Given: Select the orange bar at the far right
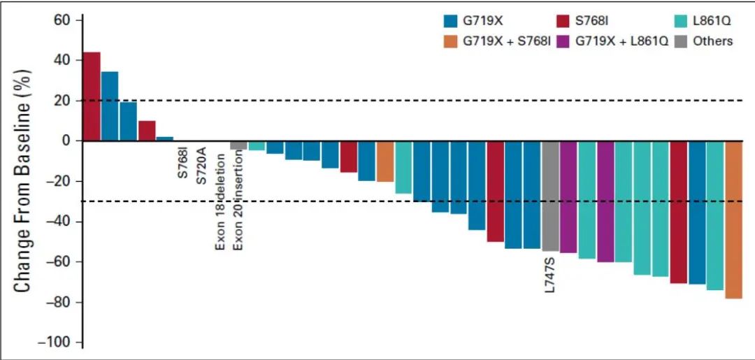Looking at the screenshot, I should click(733, 219).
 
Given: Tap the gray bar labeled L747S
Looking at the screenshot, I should click(550, 196).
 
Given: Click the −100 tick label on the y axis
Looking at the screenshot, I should click(59, 343).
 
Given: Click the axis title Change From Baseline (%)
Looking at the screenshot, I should click(22, 180).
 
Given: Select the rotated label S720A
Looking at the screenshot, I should click(201, 164).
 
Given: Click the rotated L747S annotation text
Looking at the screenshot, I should click(549, 274).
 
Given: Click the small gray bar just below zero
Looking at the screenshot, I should click(238, 145).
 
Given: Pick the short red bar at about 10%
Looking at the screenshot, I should click(147, 131).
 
